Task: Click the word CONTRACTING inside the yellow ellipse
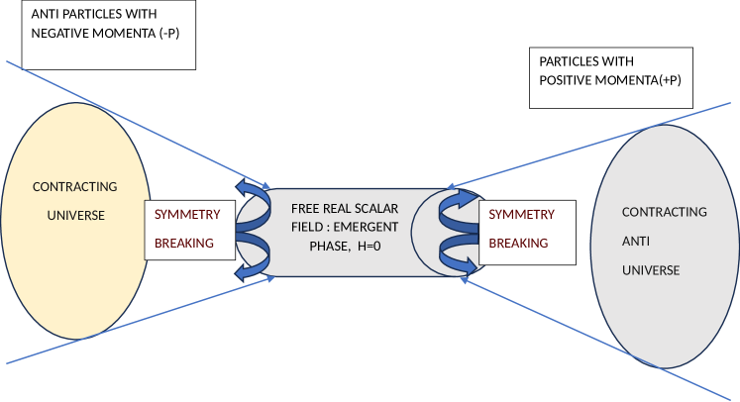tap(74, 186)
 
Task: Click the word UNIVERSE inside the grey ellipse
tap(650, 269)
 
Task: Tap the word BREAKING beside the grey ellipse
tap(519, 243)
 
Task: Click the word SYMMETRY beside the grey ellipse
tap(522, 214)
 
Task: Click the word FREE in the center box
tap(306, 209)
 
